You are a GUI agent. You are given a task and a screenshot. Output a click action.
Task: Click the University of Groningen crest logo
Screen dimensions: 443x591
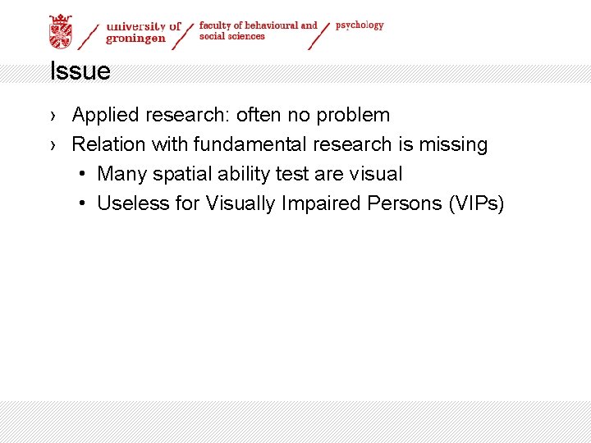(61, 31)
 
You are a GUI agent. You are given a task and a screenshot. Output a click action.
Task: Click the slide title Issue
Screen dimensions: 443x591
(80, 71)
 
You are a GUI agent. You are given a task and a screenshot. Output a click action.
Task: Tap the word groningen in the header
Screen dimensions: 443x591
(136, 38)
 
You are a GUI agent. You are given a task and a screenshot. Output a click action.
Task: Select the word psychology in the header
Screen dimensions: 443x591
(360, 25)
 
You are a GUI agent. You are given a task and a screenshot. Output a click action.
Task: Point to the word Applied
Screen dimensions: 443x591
(104, 115)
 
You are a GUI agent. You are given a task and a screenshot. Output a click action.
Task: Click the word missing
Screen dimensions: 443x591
(453, 144)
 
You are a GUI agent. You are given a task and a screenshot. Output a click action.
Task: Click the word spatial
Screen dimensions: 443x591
(181, 174)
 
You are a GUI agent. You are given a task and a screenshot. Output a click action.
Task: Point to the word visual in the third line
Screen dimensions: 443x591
(376, 174)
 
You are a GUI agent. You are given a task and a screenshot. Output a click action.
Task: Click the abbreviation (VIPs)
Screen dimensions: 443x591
(476, 203)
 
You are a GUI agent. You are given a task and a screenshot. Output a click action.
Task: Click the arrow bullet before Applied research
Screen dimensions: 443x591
(53, 116)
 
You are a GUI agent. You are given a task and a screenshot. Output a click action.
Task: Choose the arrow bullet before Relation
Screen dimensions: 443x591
(53, 145)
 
